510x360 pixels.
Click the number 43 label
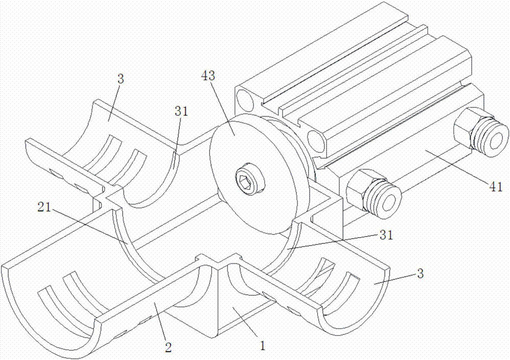pos(208,76)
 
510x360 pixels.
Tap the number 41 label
pos(496,187)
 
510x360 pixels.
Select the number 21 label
pos(44,207)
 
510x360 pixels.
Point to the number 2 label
pos(168,348)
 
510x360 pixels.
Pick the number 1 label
pos(263,345)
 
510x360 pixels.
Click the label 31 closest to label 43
pos(182,112)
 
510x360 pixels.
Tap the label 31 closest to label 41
pos(386,235)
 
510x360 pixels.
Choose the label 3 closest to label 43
pos(121,79)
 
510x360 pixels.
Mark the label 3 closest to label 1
pos(421,273)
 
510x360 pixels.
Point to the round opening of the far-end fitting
pos(496,138)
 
